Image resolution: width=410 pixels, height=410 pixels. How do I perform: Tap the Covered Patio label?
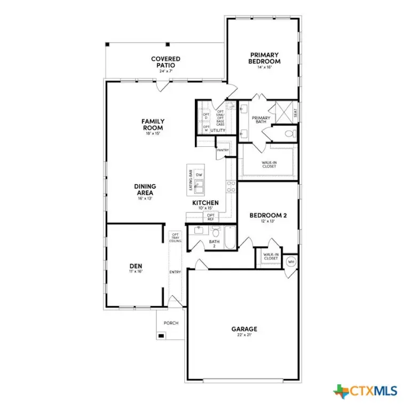point(165,62)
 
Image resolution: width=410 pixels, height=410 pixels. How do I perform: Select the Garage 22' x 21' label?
point(244,332)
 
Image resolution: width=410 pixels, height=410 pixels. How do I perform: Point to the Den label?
point(135,267)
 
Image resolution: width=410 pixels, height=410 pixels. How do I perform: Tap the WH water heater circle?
point(290,262)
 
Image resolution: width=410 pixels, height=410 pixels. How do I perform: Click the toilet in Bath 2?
point(216,232)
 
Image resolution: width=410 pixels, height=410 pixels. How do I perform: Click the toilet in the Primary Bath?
point(288,133)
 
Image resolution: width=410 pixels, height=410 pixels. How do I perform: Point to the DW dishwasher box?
point(199,175)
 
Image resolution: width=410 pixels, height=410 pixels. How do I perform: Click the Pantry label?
point(223,150)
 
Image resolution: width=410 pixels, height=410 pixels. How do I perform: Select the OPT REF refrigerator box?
point(210,217)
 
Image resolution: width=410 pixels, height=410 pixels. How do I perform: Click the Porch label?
point(171,323)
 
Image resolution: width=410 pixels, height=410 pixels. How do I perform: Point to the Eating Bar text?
point(190,180)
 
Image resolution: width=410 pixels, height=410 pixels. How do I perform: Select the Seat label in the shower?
point(295,113)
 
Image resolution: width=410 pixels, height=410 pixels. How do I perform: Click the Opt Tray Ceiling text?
point(175,238)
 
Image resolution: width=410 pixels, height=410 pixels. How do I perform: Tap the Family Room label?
point(153,124)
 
